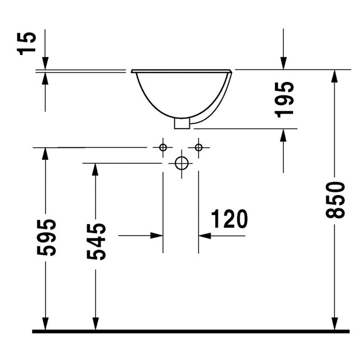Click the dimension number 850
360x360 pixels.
[337, 200]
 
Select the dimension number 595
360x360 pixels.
[47, 237]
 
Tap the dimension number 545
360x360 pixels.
[96, 241]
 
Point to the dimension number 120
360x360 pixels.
[228, 220]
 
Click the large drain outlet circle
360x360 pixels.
[181, 163]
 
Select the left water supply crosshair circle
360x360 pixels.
[163, 148]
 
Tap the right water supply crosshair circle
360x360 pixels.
[199, 148]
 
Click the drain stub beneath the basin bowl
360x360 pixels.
[182, 123]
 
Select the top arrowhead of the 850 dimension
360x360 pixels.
[335, 76]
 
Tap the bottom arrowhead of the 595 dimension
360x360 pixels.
[46, 323]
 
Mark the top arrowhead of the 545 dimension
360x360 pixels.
[95, 170]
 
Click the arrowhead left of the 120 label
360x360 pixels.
[205, 236]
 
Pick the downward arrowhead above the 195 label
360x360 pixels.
[284, 62]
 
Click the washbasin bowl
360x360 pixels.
[182, 93]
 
